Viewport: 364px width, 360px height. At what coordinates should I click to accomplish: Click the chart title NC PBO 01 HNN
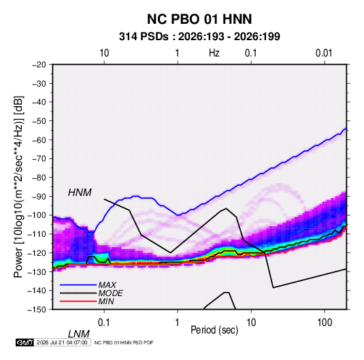point(199,19)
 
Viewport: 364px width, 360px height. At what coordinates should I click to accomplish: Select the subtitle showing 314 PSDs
point(199,37)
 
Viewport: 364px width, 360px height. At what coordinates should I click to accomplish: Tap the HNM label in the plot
point(80,193)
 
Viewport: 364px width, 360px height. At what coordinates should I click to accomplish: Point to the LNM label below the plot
point(79,334)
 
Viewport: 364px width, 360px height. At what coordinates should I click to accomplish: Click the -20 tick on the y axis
point(39,65)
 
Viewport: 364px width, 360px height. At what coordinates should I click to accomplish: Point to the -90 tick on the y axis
point(39,197)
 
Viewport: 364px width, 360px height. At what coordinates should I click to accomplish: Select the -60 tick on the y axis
point(39,140)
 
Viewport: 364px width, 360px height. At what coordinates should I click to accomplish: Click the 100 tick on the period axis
point(325,323)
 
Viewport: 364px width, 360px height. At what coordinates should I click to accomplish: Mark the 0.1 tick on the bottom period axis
point(104,323)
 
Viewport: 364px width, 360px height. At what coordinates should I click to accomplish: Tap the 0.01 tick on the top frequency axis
point(324,53)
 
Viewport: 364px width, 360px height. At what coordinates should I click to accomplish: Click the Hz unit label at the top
point(214,53)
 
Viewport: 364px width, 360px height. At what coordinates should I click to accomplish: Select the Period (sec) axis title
point(214,330)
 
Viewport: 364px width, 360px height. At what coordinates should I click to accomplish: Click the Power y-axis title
point(18,187)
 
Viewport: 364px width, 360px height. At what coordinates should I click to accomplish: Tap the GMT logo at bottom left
point(25,342)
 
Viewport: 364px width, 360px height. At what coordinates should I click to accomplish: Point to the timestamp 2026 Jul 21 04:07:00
point(62,342)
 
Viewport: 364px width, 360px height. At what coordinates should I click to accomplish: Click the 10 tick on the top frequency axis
point(104,53)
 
